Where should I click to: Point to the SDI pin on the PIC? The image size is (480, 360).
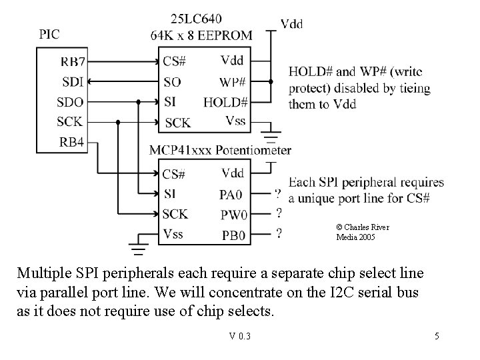tap(72, 82)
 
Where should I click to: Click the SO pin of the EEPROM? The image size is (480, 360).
tap(172, 82)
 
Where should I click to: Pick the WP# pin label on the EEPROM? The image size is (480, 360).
tap(233, 82)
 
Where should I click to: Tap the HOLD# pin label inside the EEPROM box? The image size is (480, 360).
tap(226, 102)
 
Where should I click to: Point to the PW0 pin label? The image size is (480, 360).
tap(234, 215)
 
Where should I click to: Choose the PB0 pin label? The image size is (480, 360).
tap(233, 235)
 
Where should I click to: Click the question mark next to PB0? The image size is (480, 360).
tap(277, 233)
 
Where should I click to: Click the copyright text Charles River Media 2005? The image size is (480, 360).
tap(363, 232)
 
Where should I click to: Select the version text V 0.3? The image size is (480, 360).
tap(239, 336)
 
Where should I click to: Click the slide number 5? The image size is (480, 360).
tap(437, 336)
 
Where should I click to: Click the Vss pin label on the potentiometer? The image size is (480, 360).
tap(173, 233)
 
